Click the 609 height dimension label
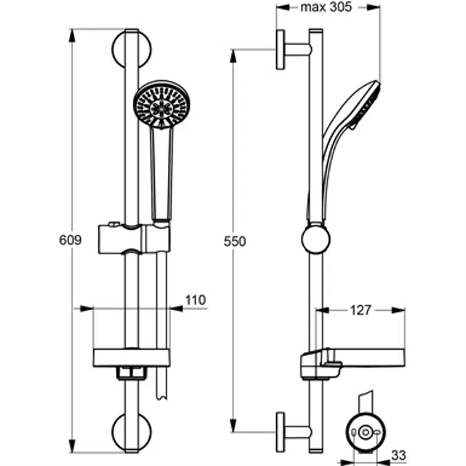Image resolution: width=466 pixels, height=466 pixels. tap(70, 241)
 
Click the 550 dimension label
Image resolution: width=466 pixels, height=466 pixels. tap(236, 242)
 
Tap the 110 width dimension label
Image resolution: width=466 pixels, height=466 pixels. tap(195, 300)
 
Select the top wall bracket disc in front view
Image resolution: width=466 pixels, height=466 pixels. tap(130, 48)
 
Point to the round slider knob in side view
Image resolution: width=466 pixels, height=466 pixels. tap(315, 240)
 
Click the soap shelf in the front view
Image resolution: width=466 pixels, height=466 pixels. tap(131, 358)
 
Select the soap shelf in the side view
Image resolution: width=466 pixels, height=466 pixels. tap(352, 359)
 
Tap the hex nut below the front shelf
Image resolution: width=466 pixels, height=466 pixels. tap(131, 373)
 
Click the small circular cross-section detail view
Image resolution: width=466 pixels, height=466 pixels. tap(365, 433)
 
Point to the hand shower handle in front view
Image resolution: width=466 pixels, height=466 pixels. tap(161, 173)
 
